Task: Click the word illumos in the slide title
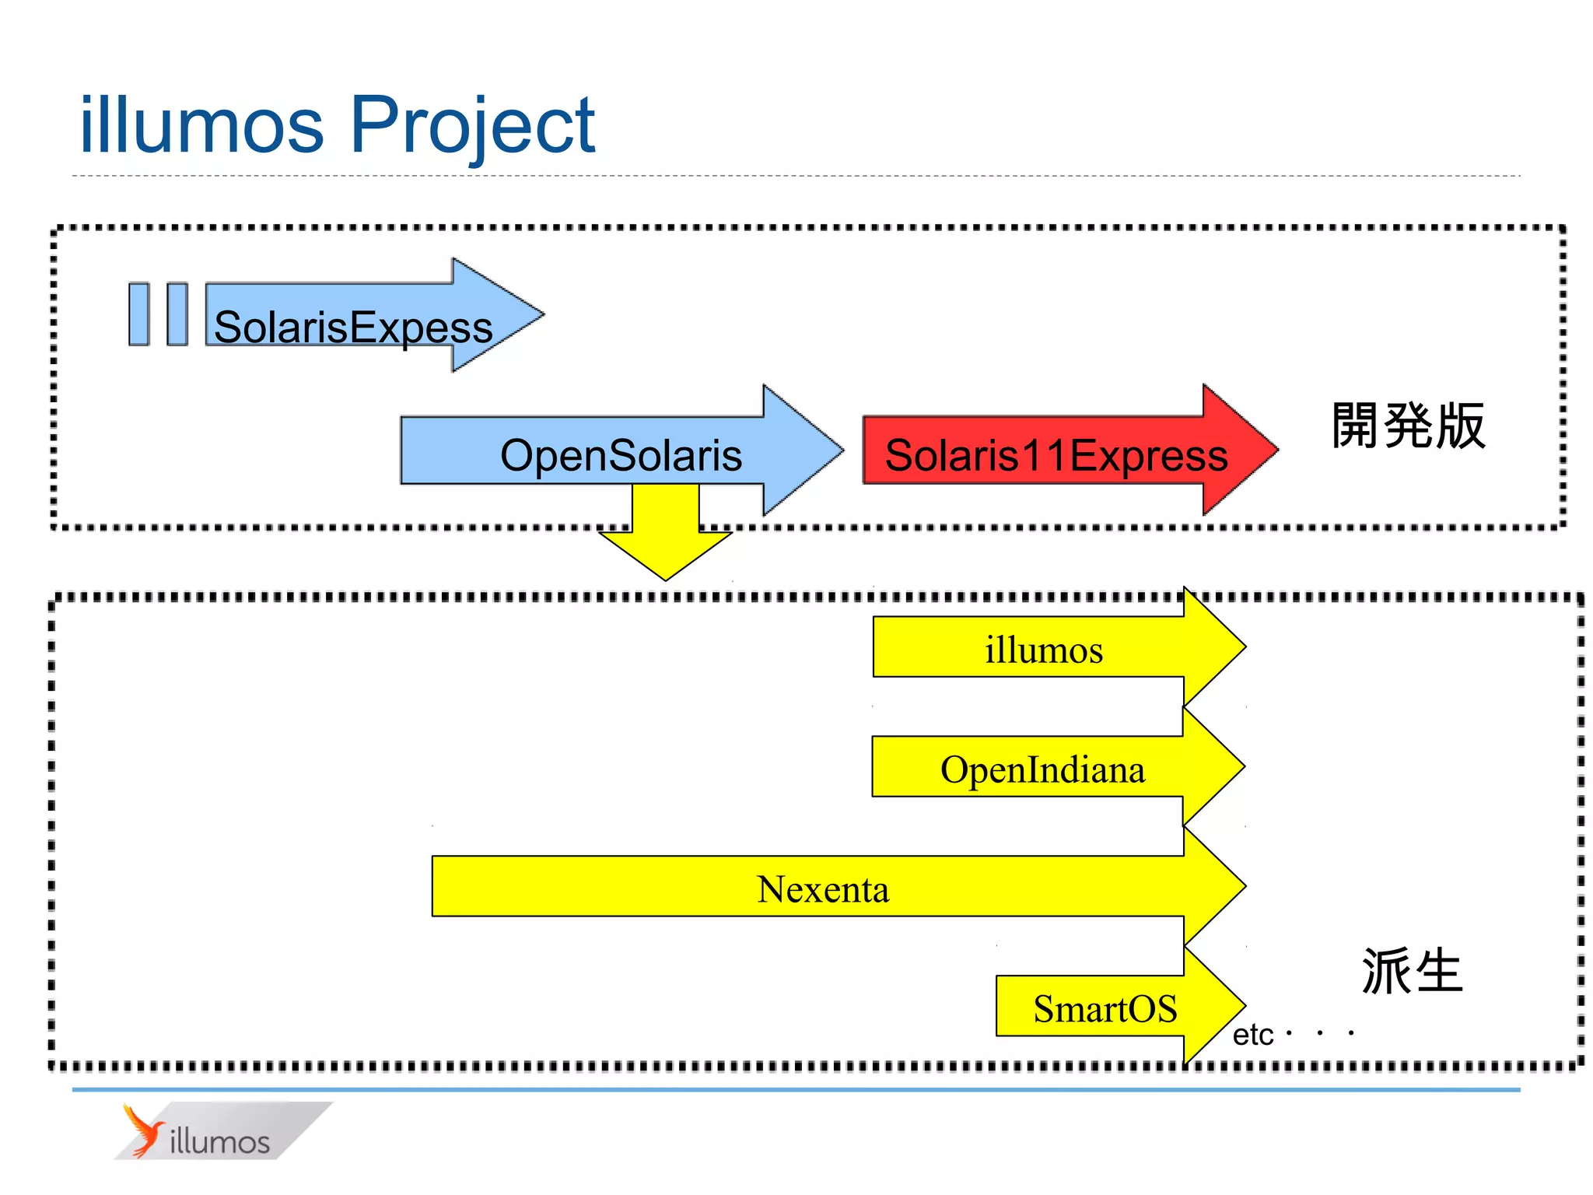201,124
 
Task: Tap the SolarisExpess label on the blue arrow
353,327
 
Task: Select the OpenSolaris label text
621,455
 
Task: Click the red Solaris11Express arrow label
1056,455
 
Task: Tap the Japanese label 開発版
1408,426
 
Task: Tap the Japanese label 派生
1412,971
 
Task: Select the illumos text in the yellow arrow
1044,650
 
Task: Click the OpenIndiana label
1042,769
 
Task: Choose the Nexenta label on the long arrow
823,889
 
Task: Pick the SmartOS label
1105,1009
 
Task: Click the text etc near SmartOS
1252,1035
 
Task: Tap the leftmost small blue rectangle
139,314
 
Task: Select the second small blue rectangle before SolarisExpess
177,314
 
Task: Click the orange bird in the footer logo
143,1130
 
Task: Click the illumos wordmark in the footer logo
219,1141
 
